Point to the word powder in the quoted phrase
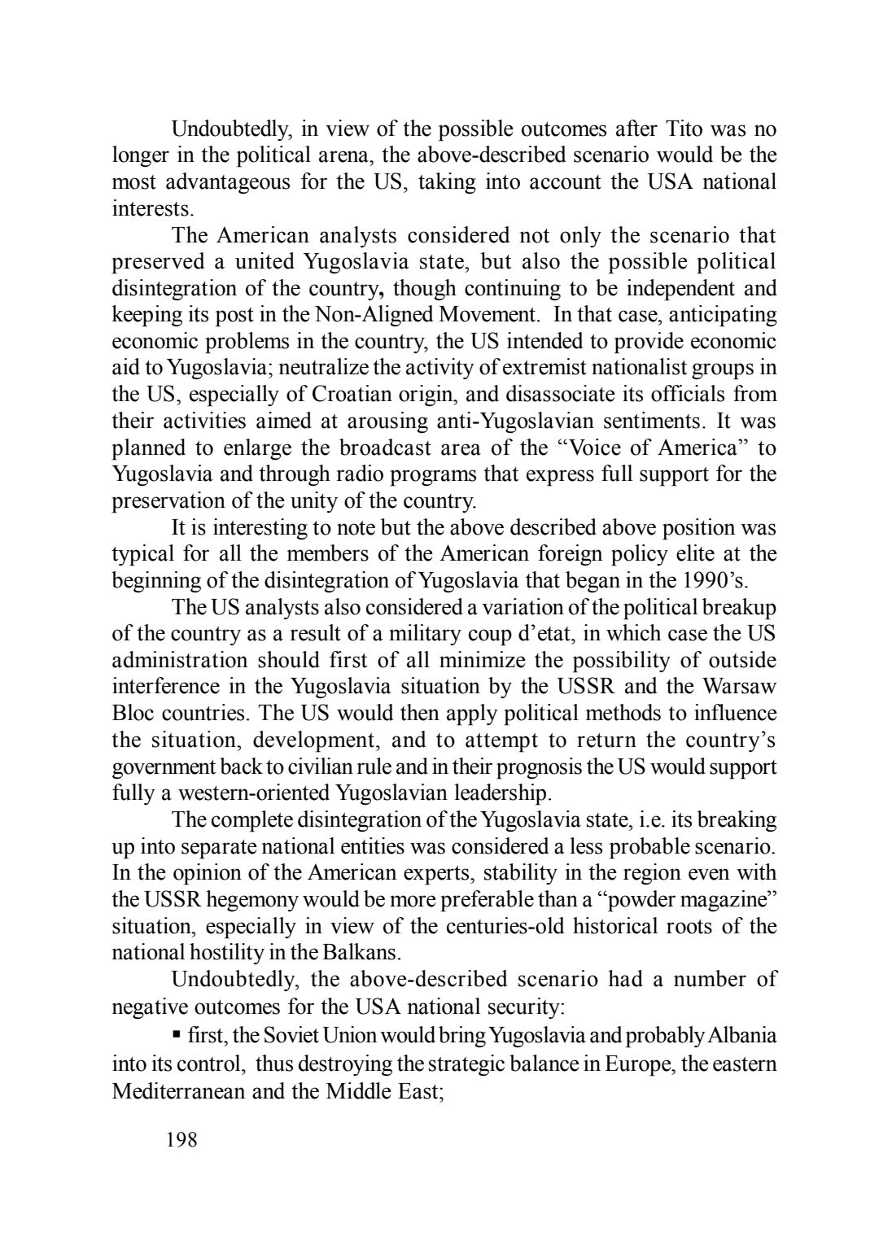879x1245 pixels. point(655,900)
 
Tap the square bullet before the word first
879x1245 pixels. point(176,1036)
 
